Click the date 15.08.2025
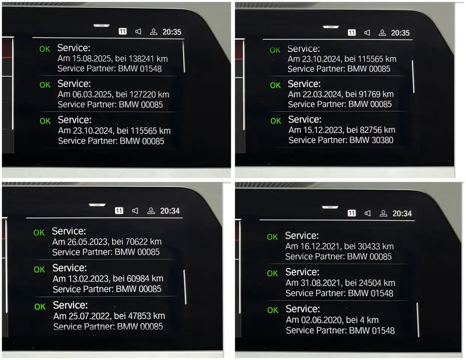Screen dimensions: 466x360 tap(91, 58)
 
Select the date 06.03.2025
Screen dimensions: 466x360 tap(92, 94)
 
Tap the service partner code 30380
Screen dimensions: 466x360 tap(382, 140)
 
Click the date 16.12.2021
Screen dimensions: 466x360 tap(320, 246)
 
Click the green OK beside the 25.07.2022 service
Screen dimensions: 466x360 tap(40, 307)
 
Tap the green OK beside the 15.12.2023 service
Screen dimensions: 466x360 tap(276, 121)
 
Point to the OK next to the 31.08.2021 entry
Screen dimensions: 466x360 tap(272, 273)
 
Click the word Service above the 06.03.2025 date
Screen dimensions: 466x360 tap(74, 84)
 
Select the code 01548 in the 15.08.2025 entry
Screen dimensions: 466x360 tap(151, 69)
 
